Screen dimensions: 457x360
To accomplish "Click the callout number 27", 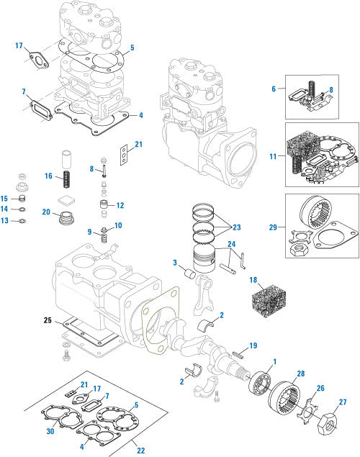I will [342, 402].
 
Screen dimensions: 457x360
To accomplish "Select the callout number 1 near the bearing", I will [273, 361].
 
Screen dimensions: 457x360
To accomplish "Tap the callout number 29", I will [274, 227].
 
